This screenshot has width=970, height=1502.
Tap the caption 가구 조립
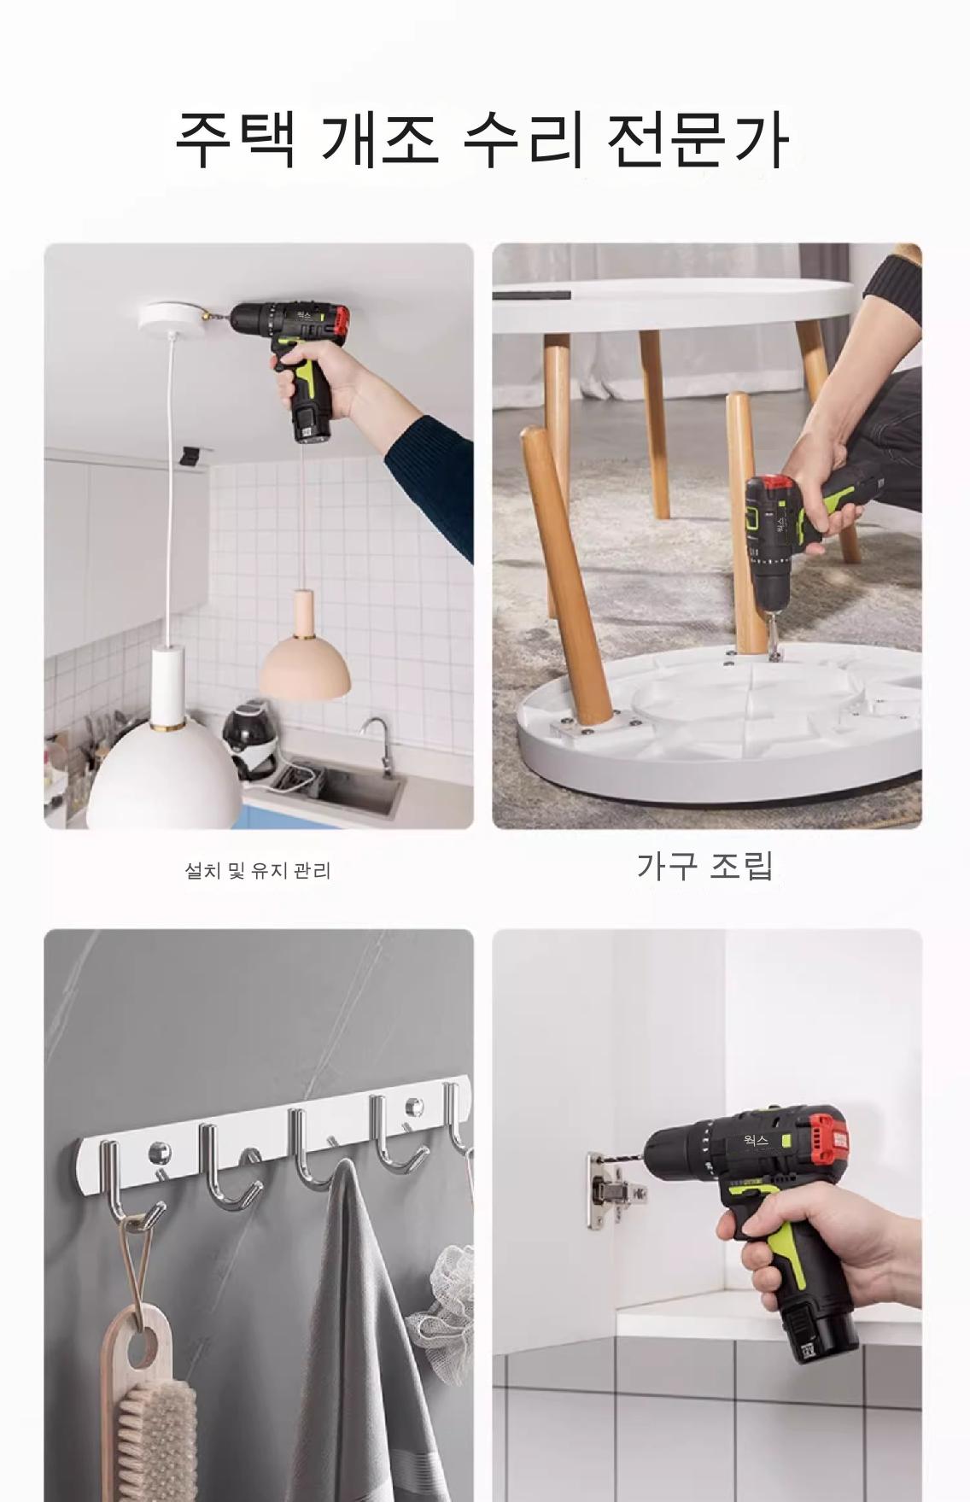[x=705, y=865]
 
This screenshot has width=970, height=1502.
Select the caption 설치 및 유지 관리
[x=258, y=871]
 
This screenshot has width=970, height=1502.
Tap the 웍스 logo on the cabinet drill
[x=757, y=1140]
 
